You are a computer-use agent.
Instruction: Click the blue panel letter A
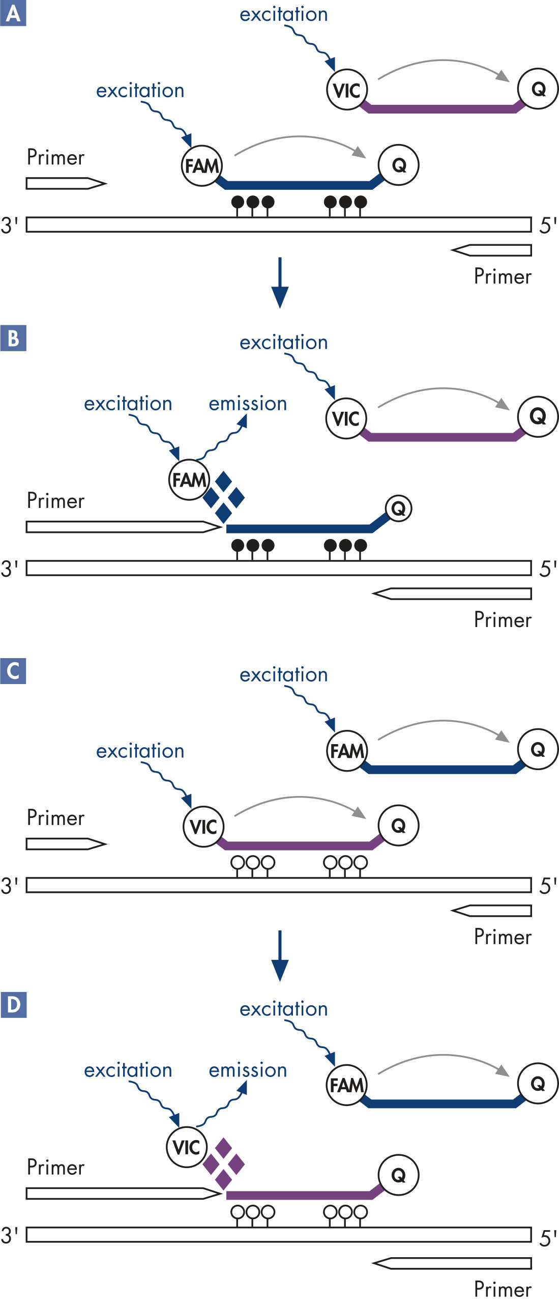pos(13,13)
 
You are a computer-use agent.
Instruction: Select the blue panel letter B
pos(13,338)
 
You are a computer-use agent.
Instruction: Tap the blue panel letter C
pos(13,671)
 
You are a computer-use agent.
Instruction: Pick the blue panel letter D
pos(13,1005)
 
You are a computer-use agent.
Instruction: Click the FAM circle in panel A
pos(202,165)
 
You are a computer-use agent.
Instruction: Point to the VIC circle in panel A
pos(347,90)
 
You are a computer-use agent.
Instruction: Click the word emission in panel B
pos(248,404)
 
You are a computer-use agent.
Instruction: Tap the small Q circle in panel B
pos(398,507)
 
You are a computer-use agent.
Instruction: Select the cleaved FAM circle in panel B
pos(189,479)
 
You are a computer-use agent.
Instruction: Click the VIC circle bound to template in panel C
pos(203,826)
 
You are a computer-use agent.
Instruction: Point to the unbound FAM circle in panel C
pos(347,751)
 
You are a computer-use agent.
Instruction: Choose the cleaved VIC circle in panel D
pos(187,1147)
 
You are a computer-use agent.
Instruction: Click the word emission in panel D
pos(248,1070)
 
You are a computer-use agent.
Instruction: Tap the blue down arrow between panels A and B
pos(280,283)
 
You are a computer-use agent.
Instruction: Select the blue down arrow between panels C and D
pos(280,955)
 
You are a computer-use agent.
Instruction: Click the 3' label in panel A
pos(10,225)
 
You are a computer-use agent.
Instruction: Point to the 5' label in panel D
pos(548,1238)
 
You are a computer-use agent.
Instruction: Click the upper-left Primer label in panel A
pos(55,158)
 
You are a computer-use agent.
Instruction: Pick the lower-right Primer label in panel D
pos(503,1289)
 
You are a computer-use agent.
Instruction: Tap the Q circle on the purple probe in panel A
pos(538,89)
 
